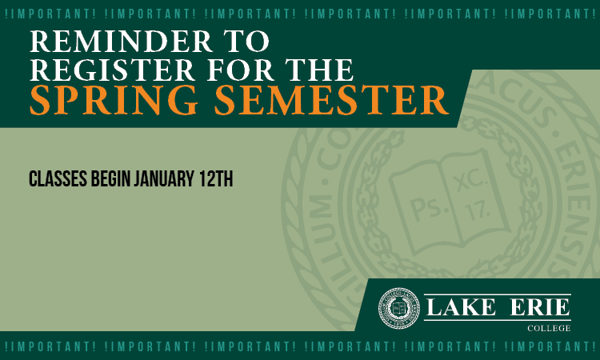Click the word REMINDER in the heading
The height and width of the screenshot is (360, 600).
click(121, 41)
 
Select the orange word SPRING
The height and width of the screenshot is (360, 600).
click(114, 100)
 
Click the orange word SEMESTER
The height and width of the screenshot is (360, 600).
click(331, 100)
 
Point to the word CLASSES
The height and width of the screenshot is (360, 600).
click(58, 178)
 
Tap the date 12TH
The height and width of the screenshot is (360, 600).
click(216, 178)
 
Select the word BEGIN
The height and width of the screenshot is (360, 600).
click(110, 178)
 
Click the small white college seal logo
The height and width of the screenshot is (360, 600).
click(398, 308)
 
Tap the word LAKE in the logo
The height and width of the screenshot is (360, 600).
click(461, 307)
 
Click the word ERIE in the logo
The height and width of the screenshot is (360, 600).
click(540, 307)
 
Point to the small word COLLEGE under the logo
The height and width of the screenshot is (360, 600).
click(549, 328)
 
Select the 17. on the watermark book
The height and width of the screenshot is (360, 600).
click(477, 210)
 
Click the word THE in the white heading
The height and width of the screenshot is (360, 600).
click(319, 70)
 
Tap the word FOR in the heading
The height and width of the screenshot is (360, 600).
click(240, 70)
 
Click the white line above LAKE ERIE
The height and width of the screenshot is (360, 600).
click(498, 294)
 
